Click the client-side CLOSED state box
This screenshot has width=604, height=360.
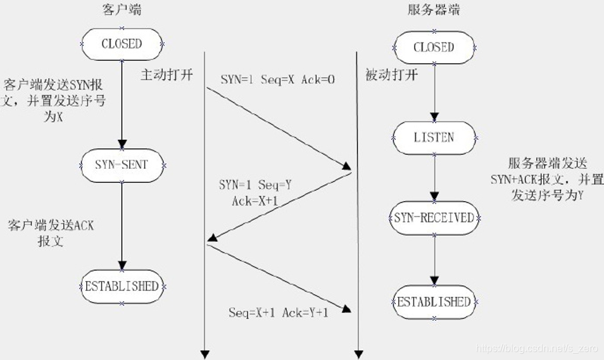click(x=122, y=44)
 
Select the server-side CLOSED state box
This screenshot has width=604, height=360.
click(x=434, y=47)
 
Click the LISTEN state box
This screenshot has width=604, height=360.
click(x=434, y=137)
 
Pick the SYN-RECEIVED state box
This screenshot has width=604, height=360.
click(x=434, y=218)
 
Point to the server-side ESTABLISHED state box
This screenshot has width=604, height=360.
click(x=434, y=302)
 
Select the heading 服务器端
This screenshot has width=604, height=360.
click(x=434, y=9)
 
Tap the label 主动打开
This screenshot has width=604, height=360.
click(x=167, y=75)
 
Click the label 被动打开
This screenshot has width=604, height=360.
click(x=392, y=75)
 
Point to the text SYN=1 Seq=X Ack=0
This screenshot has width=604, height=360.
click(x=277, y=80)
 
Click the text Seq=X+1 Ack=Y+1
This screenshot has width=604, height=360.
click(x=279, y=313)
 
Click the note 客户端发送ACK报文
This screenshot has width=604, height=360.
click(x=51, y=233)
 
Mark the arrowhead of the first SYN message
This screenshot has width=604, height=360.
click(x=347, y=166)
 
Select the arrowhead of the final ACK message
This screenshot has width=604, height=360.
click(x=346, y=309)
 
